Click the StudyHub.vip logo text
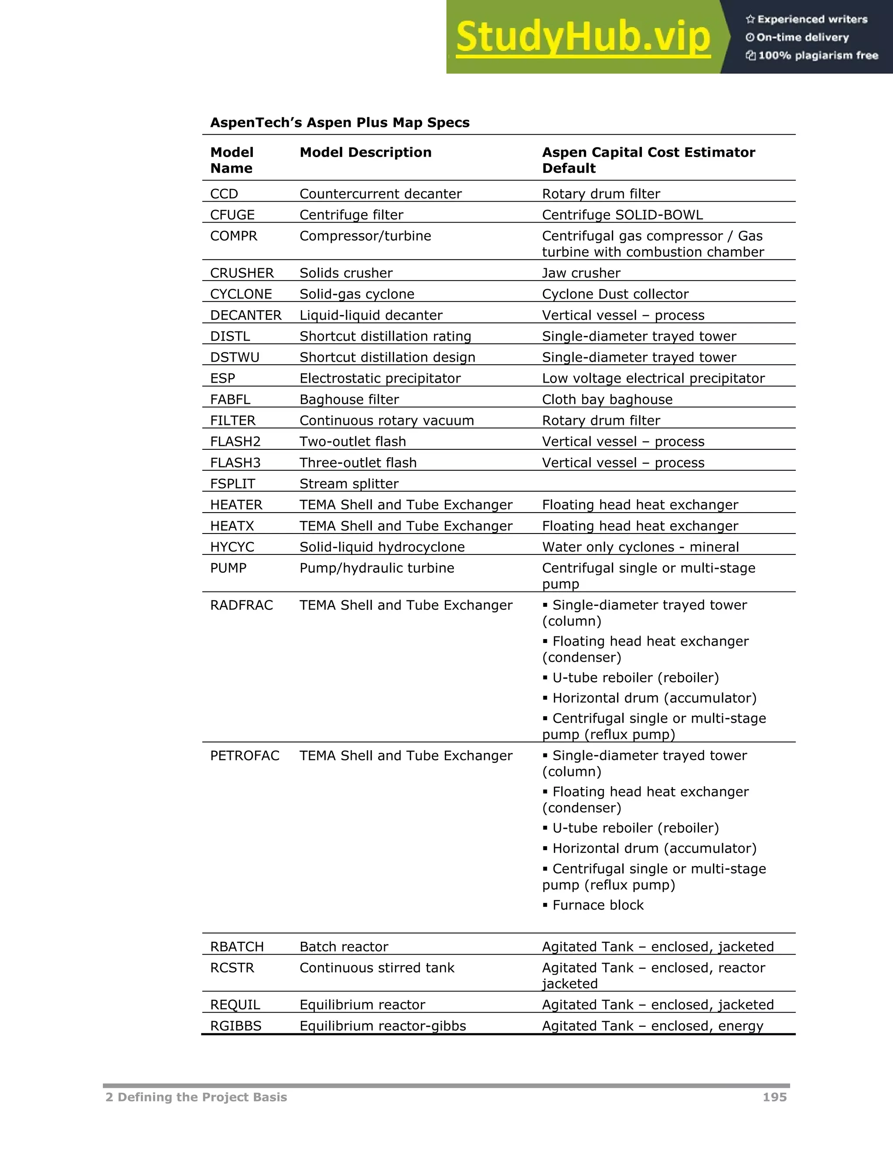[x=583, y=37]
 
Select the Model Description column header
[x=365, y=152]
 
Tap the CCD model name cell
[x=224, y=194]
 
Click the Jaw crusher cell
[x=581, y=273]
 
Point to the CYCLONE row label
[x=241, y=294]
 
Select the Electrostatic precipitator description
[x=379, y=379]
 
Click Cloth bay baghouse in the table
[x=607, y=400]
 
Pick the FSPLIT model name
[x=232, y=484]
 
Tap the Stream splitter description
[x=349, y=484]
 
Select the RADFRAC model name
[x=241, y=605]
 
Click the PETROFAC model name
[x=245, y=755]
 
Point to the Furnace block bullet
[x=597, y=905]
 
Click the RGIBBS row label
[x=235, y=1026]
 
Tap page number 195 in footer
[x=774, y=1097]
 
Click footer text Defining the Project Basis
[x=201, y=1097]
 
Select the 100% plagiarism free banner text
[x=818, y=55]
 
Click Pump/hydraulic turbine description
[x=376, y=568]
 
